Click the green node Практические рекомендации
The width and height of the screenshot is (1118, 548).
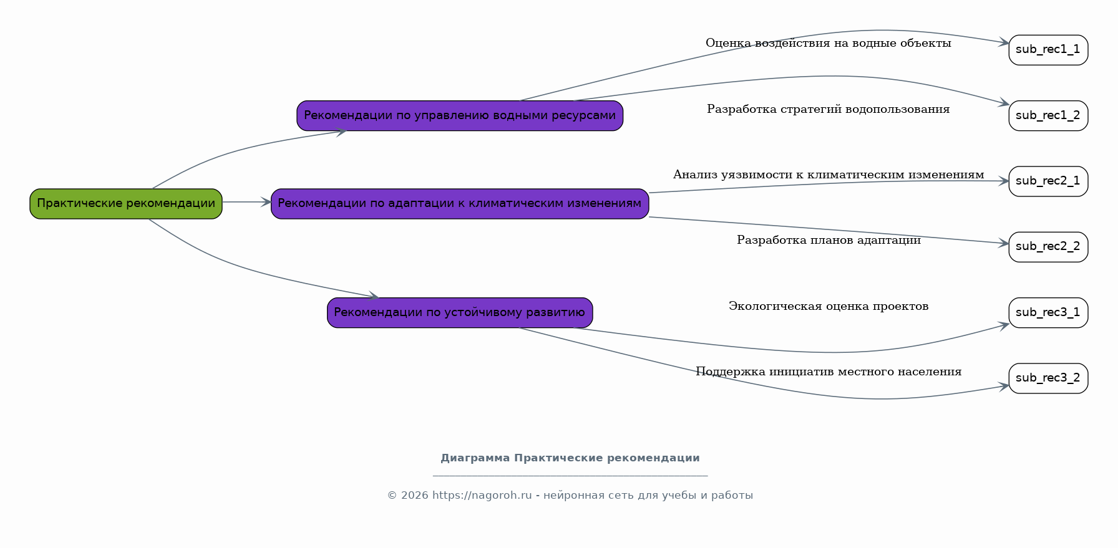click(x=126, y=204)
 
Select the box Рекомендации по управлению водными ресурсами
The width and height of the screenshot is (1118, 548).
click(x=460, y=116)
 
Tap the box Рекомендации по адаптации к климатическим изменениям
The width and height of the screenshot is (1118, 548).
click(x=460, y=204)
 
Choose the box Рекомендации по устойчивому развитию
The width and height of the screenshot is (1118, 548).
click(x=460, y=313)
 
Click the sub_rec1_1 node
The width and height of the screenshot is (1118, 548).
click(x=1048, y=50)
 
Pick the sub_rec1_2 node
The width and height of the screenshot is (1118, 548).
click(x=1048, y=116)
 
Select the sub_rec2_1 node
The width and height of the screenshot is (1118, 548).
click(x=1048, y=181)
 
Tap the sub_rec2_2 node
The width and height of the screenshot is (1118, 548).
click(x=1048, y=247)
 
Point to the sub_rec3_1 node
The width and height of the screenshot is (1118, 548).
click(x=1048, y=313)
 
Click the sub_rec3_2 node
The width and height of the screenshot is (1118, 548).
click(x=1048, y=378)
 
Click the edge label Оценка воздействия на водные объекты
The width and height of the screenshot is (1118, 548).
click(x=829, y=43)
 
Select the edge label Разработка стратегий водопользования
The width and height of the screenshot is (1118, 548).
click(x=829, y=109)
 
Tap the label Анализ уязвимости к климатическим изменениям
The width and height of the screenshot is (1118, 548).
click(x=829, y=175)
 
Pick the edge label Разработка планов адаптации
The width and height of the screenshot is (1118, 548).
click(x=829, y=240)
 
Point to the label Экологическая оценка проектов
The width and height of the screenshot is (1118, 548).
click(x=829, y=306)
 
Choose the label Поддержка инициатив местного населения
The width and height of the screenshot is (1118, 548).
click(x=829, y=372)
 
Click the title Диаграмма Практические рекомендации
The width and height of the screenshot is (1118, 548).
click(x=570, y=458)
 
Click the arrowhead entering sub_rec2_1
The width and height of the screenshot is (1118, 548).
click(x=1004, y=181)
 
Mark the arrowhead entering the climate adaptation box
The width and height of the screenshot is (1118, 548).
click(x=266, y=202)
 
